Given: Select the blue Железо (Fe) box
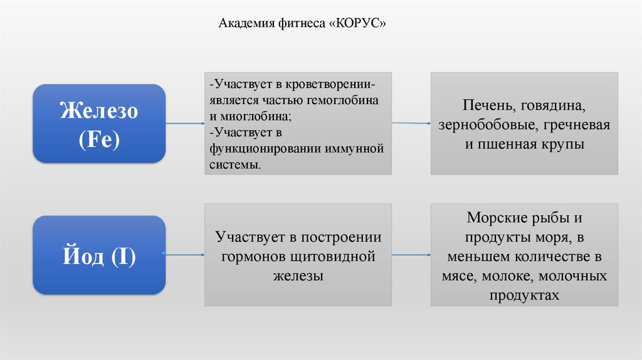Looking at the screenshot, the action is tap(99, 124).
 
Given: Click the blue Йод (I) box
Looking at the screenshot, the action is tap(99, 255).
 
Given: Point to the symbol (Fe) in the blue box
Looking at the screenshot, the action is tap(99, 139).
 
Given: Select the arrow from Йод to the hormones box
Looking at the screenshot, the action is tap(186, 255).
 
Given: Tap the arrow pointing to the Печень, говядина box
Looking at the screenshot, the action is tap(411, 124).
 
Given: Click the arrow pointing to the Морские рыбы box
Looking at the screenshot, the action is tap(411, 255).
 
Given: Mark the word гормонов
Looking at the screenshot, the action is tap(256, 257).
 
